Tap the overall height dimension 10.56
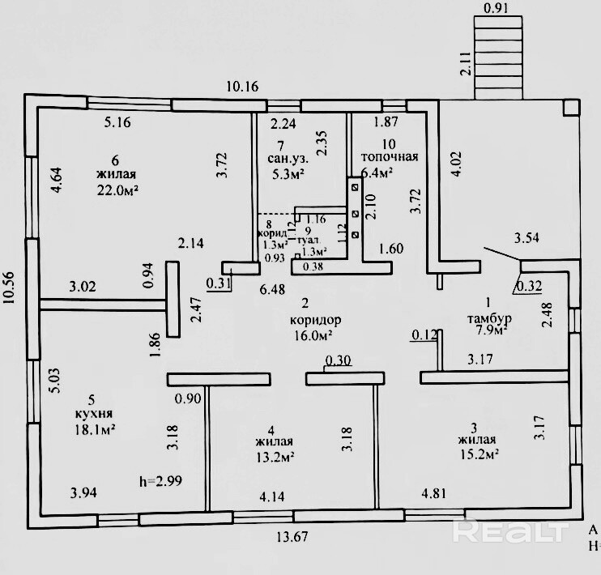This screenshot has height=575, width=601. (9, 297)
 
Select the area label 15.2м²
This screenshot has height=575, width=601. (475, 454)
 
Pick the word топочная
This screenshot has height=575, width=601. (390, 157)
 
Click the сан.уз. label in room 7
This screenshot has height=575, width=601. (287, 159)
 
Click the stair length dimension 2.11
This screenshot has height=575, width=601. (465, 63)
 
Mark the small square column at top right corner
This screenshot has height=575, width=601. (572, 107)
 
